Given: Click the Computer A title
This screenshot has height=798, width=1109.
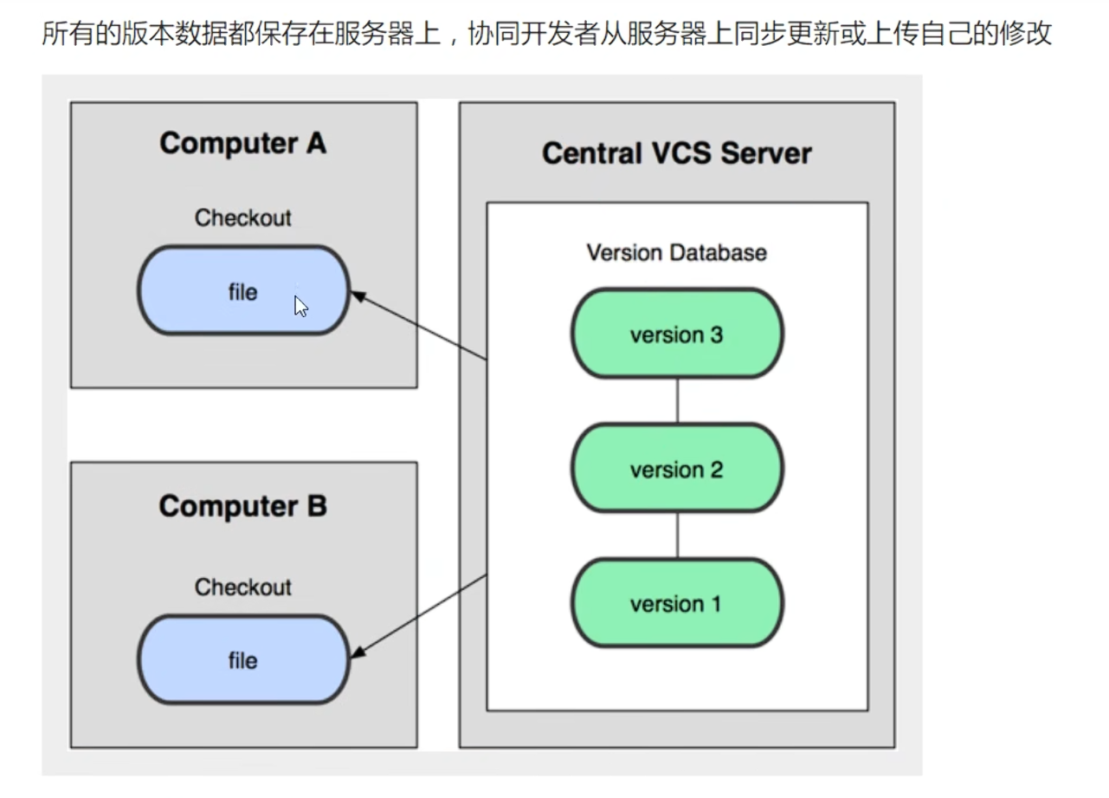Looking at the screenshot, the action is (x=242, y=144).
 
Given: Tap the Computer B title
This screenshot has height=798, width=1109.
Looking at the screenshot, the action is (x=242, y=507).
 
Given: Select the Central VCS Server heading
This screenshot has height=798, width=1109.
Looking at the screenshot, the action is (x=677, y=152).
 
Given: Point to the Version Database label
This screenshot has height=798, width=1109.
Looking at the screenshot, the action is (x=677, y=253).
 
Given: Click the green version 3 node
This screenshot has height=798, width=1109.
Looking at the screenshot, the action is (x=677, y=334).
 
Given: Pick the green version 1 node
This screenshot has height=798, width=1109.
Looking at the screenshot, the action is (x=677, y=603).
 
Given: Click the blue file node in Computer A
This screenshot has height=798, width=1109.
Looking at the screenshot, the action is (x=243, y=290).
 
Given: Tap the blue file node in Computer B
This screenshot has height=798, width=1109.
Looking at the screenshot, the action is (x=243, y=659).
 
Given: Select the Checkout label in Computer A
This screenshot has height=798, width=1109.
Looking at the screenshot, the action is (x=242, y=218).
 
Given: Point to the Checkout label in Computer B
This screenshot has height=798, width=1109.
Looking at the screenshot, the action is (x=242, y=587).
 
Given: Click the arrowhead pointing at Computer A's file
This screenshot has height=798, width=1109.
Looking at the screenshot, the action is (x=358, y=296).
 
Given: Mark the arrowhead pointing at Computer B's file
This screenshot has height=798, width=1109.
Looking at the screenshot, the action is (x=358, y=652).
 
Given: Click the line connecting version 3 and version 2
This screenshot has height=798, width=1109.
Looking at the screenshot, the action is (x=677, y=401).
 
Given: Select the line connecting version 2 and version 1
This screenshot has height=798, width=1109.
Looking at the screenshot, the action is (x=677, y=535).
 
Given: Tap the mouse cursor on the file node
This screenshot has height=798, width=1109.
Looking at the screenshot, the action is (x=300, y=307).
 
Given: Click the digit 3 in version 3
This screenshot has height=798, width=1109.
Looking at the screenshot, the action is (x=717, y=335).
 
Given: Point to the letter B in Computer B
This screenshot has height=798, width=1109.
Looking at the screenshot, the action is (x=317, y=506).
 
